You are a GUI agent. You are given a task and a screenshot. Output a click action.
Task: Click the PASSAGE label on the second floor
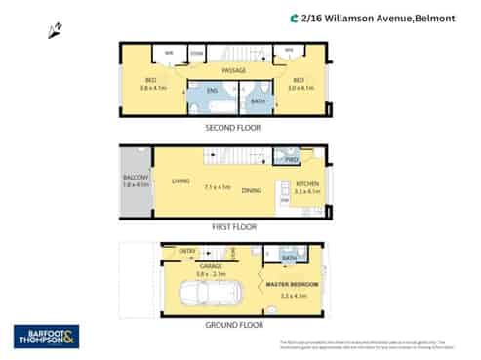(233, 70)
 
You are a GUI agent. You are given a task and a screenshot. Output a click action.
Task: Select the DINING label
(251, 190)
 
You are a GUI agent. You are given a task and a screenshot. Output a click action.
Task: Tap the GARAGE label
(211, 265)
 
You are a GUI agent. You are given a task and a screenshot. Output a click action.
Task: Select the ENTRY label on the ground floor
(187, 251)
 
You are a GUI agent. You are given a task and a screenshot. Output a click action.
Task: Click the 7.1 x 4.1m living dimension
(217, 186)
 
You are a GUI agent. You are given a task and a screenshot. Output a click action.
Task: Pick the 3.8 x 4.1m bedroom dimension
(151, 88)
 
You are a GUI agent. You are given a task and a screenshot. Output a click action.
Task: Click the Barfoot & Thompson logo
(46, 337)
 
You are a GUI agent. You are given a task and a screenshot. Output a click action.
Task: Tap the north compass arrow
(55, 32)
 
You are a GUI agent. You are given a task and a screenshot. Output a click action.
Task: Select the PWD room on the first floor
(290, 160)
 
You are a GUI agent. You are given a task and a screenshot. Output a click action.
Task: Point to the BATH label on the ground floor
(289, 259)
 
